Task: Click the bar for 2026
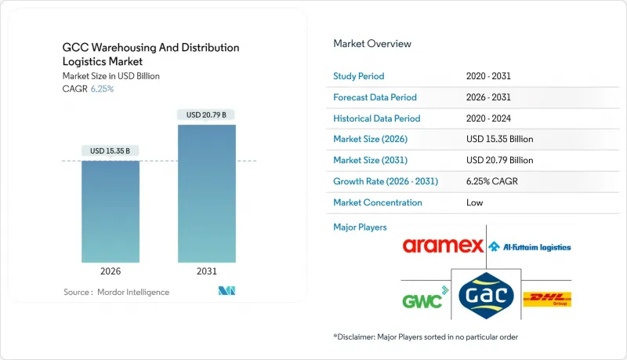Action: tap(111, 211)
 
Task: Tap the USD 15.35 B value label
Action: tap(111, 151)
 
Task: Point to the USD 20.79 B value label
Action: tap(206, 115)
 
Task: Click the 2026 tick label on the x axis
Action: tap(111, 272)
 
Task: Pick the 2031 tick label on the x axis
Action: tap(206, 272)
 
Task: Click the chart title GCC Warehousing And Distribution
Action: tap(150, 48)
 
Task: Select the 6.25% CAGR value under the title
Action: tap(102, 89)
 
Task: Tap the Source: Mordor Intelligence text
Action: tap(116, 292)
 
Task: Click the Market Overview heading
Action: tap(372, 43)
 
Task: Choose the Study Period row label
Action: tap(360, 76)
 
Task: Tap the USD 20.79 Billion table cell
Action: tap(500, 160)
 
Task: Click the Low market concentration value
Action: tap(473, 202)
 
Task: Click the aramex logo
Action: tap(443, 246)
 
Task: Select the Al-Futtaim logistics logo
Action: tap(530, 247)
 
